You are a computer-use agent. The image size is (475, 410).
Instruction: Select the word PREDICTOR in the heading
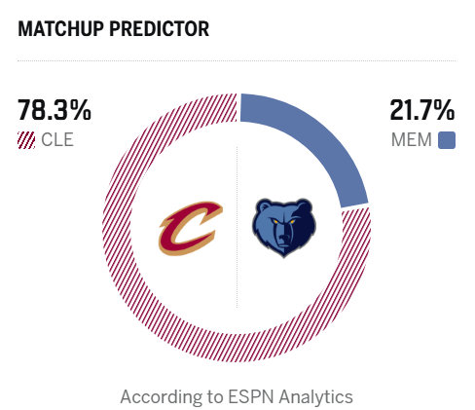161,29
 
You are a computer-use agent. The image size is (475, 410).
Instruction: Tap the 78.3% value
55,111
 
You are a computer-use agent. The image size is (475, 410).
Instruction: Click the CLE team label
57,140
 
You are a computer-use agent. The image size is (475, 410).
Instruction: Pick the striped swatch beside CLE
26,140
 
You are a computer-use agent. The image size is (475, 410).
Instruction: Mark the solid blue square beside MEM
447,140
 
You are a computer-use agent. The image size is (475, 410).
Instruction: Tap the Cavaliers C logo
192,229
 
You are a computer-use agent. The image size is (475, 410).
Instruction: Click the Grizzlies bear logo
284,228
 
